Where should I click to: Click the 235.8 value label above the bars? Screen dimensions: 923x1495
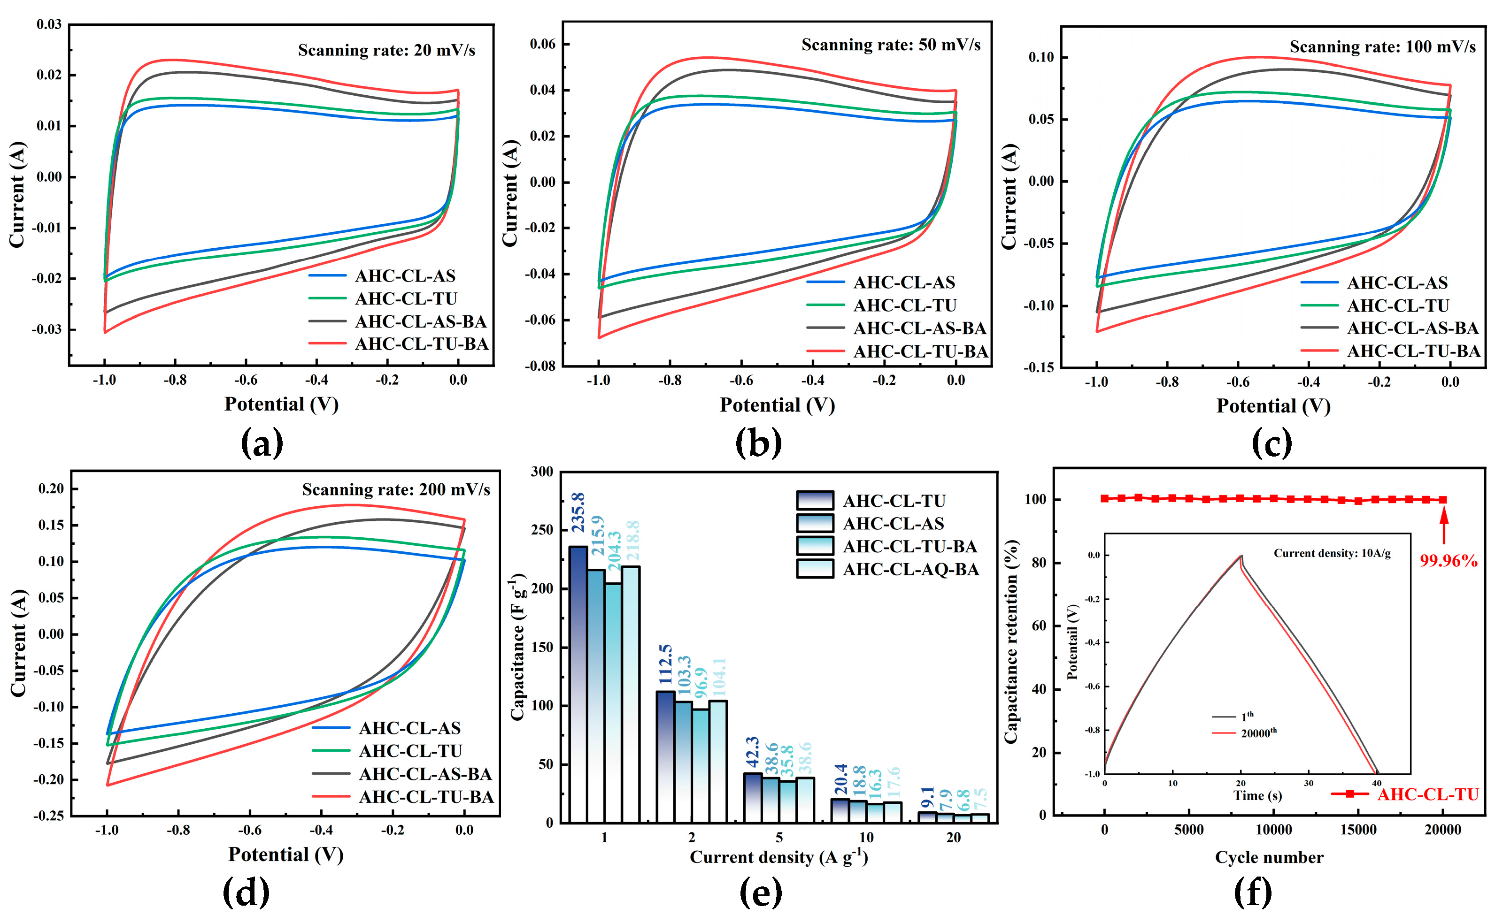[x=578, y=513]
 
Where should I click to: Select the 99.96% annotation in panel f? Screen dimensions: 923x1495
[x=1448, y=560]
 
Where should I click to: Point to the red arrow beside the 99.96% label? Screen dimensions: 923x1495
[x=1444, y=526]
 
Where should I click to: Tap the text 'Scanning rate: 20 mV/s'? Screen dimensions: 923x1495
[x=386, y=50]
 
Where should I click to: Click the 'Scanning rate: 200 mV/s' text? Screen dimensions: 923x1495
[x=396, y=489]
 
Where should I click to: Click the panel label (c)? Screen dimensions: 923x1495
[x=1272, y=442]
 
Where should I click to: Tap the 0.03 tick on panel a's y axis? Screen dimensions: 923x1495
[x=49, y=24]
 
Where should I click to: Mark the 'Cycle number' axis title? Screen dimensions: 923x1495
[x=1269, y=857]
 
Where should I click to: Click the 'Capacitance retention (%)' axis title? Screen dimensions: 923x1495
[x=1011, y=641]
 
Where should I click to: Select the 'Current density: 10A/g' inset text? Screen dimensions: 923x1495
[x=1332, y=553]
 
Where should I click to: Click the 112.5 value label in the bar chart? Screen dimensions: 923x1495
[x=665, y=664]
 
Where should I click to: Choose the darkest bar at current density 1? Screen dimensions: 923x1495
[x=578, y=684]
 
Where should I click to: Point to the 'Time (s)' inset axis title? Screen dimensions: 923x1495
[x=1257, y=795]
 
